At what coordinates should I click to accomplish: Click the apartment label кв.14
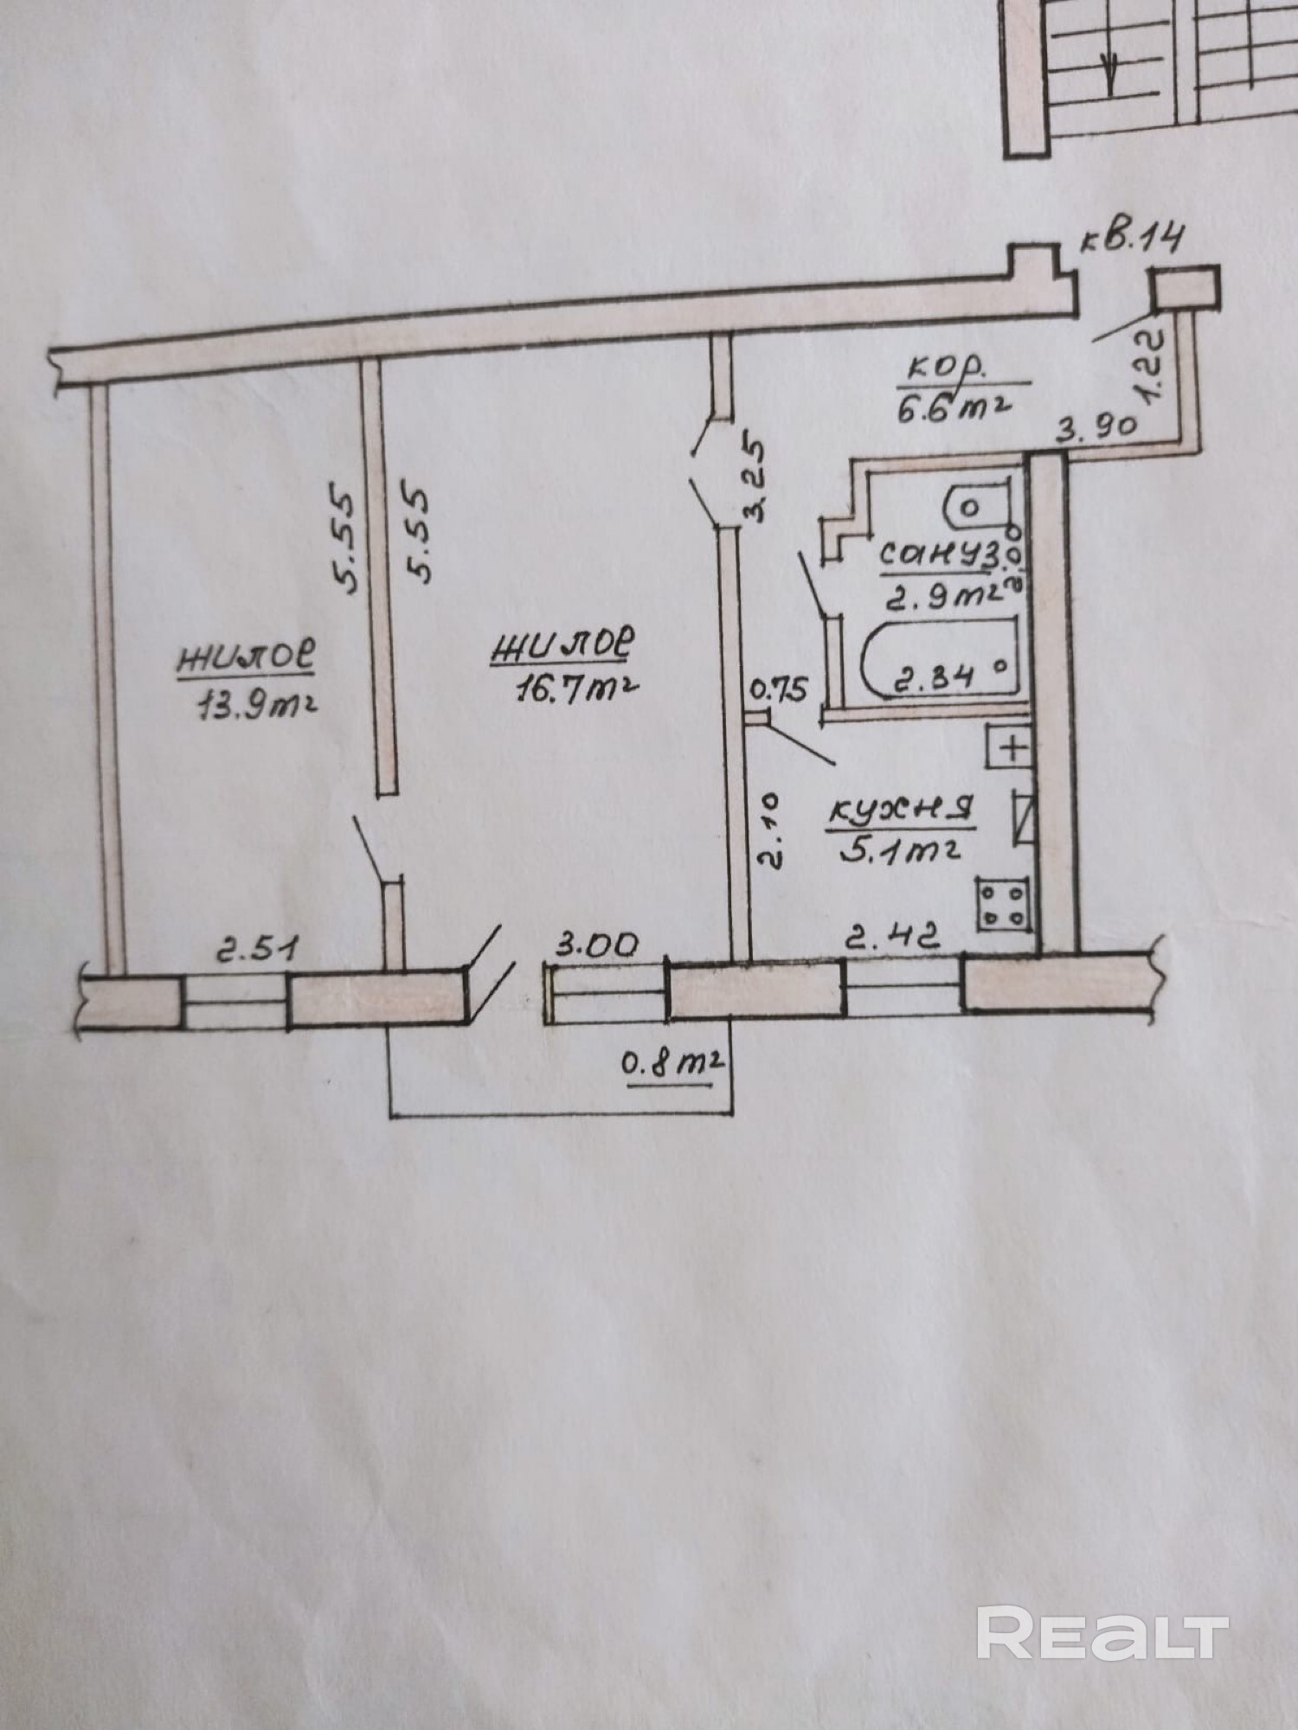pyautogui.click(x=1133, y=237)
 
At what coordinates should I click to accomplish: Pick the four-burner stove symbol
pyautogui.click(x=1004, y=905)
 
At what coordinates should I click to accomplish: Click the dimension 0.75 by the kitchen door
pyautogui.click(x=779, y=689)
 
